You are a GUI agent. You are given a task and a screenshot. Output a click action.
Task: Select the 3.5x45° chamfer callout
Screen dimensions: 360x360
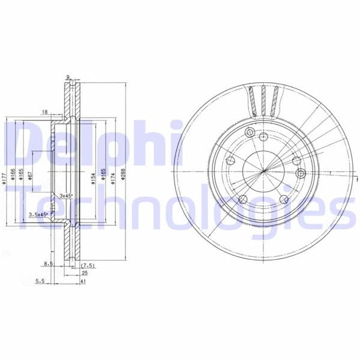point(40,214)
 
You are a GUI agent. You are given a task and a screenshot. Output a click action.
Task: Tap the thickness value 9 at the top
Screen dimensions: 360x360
point(68,77)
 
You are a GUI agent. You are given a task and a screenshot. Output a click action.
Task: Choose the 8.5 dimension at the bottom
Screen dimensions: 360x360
point(47,263)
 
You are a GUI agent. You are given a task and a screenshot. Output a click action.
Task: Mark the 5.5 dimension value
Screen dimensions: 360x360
point(40,280)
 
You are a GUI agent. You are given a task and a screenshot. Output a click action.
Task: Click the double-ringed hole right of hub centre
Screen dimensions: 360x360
point(301,173)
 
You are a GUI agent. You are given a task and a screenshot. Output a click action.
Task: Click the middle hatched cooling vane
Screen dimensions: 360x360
point(264,101)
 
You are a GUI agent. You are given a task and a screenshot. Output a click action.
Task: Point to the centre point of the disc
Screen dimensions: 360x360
point(264,172)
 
